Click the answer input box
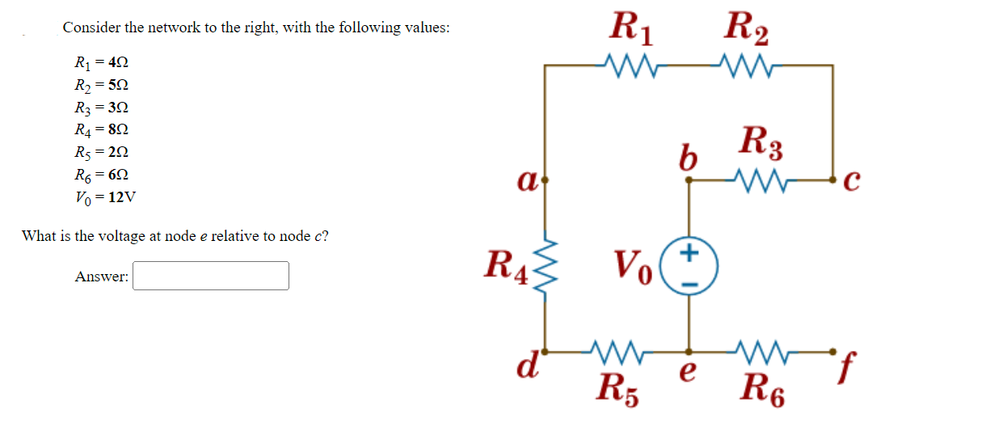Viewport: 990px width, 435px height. [211, 276]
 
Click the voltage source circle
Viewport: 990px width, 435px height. [689, 264]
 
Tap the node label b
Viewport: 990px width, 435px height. [687, 158]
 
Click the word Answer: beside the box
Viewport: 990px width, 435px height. [101, 277]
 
